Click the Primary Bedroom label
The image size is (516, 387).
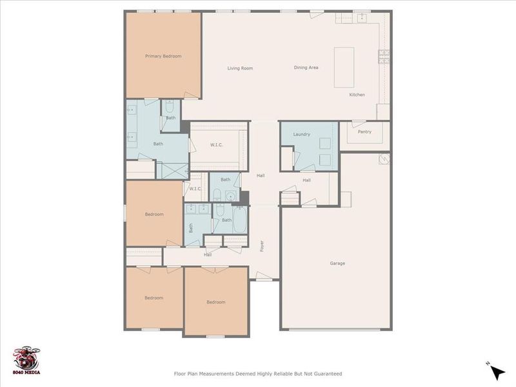[163, 56]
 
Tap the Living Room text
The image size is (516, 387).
[239, 68]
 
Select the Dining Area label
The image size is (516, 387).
[306, 68]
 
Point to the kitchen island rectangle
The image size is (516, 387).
[344, 67]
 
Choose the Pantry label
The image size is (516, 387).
[364, 132]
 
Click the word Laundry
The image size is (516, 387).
[301, 134]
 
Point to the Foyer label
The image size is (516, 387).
[262, 246]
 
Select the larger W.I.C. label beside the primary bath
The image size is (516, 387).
[216, 144]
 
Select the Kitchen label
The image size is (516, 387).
[357, 95]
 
